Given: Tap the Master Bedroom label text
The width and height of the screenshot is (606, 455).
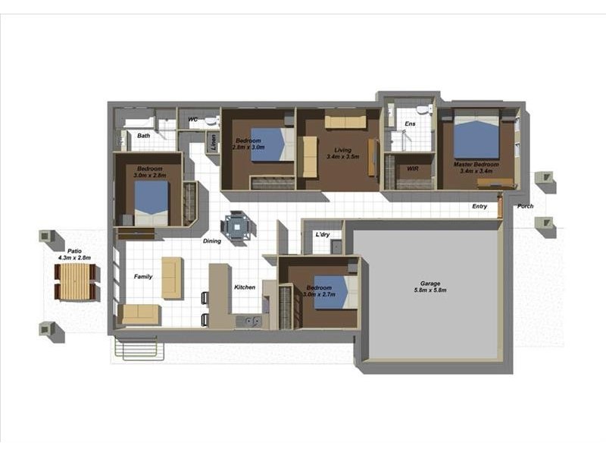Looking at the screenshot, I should tap(476, 165).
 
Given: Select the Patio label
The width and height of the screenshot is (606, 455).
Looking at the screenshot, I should tap(74, 251).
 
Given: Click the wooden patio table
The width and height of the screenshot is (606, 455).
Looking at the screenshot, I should tap(75, 282).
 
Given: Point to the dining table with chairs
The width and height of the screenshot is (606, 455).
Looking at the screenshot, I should tap(238, 226).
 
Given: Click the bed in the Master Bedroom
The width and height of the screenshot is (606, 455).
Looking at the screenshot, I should tap(476, 136).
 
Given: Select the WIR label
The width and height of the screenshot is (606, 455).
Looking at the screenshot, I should tap(413, 168).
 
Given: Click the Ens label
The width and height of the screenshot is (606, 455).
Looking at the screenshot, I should tap(410, 124).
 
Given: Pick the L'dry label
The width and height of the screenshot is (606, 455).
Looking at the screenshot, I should tap(323, 235).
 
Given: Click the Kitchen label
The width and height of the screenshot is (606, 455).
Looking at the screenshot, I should tap(245, 287).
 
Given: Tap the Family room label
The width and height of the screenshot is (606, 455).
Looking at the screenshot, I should tap(143, 277).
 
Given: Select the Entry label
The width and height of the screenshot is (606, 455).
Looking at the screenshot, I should tap(479, 206).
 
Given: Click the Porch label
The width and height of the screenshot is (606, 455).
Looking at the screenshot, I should tap(525, 206).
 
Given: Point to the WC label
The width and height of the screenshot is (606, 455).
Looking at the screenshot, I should tap(192, 119).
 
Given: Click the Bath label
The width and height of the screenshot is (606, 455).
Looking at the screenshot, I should tap(143, 136).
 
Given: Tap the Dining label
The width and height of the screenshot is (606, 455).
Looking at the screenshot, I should tap(211, 242).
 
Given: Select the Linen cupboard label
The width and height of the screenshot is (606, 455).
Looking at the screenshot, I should tap(214, 141).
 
